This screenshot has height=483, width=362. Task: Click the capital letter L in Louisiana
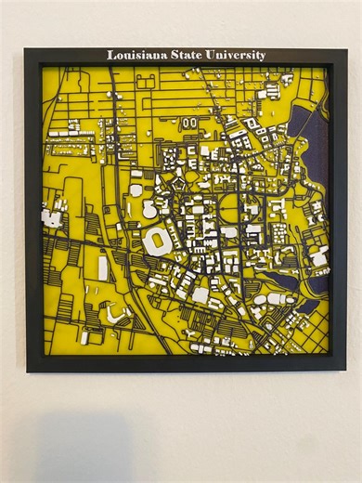(110, 56)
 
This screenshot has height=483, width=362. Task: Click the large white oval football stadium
(158, 242)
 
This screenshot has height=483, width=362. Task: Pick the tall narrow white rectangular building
(102, 268)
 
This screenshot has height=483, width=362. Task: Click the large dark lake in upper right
(306, 130)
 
